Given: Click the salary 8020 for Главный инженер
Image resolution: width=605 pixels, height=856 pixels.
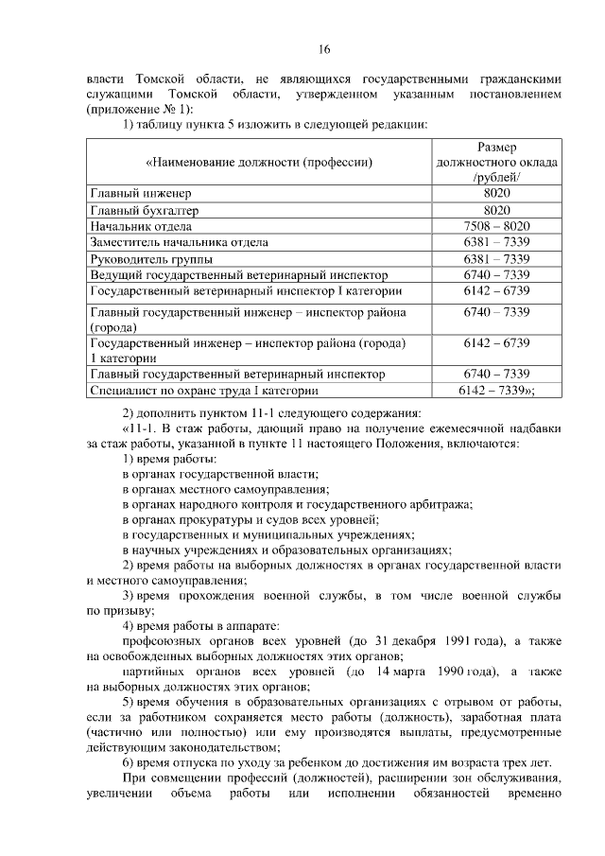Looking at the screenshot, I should click(x=496, y=193).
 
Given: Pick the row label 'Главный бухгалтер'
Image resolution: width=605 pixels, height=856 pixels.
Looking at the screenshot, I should click(x=145, y=210).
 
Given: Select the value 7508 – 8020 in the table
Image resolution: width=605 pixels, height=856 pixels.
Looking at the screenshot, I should click(x=496, y=226).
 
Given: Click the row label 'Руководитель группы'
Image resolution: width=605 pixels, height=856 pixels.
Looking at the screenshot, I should click(x=151, y=258).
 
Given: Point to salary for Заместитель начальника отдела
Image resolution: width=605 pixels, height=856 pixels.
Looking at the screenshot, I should click(x=496, y=242).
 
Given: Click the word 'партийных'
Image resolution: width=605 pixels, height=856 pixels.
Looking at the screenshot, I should click(x=155, y=671).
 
